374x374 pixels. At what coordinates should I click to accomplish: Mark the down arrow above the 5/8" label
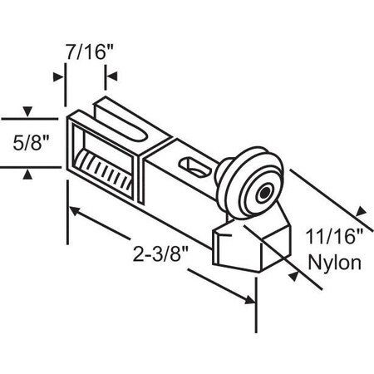click(27, 111)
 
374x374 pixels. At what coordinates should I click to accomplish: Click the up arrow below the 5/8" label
click(27, 173)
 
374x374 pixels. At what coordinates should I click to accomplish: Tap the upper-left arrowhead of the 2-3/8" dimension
click(76, 212)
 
